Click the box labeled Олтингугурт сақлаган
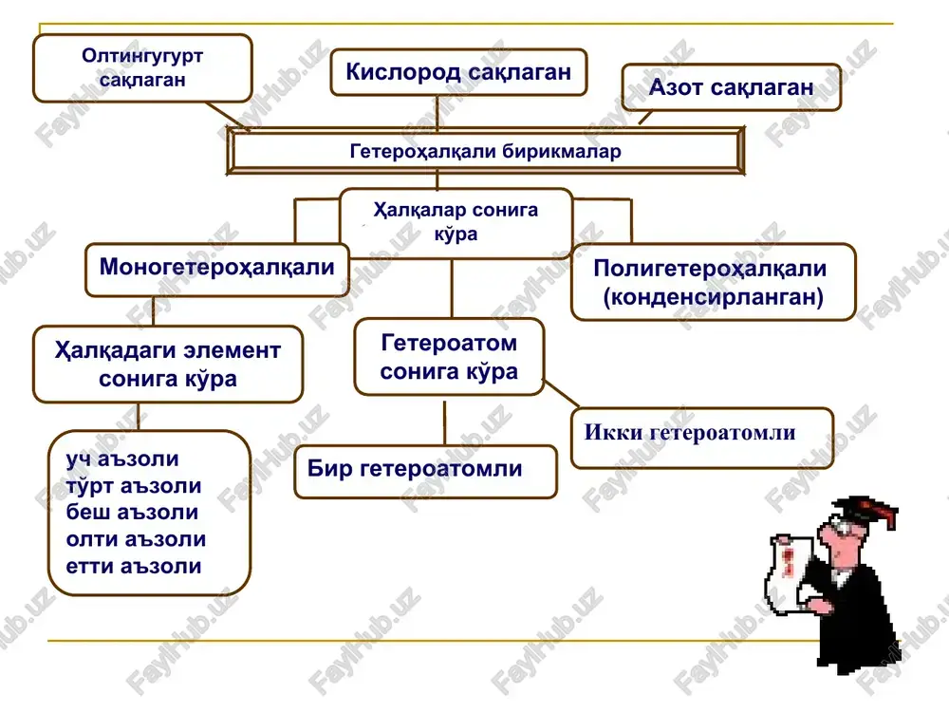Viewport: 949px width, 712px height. point(142,67)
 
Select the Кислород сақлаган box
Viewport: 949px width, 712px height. point(458,72)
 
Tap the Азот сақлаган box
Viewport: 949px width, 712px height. point(731,87)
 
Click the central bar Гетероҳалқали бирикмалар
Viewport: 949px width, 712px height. point(485,151)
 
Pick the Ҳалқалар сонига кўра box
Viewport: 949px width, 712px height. point(456,223)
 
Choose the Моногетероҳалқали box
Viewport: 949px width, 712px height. point(216,270)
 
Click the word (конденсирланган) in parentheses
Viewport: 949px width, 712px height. point(713,296)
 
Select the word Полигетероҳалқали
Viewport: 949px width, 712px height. point(710,268)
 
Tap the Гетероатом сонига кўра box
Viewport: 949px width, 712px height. point(449,357)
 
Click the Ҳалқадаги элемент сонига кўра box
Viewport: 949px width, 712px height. point(168,365)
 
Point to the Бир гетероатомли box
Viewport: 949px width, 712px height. point(425,472)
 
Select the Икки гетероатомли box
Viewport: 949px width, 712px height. point(702,438)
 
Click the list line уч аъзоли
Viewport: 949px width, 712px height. point(122,459)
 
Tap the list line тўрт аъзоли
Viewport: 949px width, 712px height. point(133,485)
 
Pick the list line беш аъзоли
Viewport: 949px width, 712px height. point(132,513)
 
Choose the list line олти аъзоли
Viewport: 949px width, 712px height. point(136,539)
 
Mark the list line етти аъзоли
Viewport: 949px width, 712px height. point(133,566)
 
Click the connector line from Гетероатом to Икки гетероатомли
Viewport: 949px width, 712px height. point(561,394)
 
